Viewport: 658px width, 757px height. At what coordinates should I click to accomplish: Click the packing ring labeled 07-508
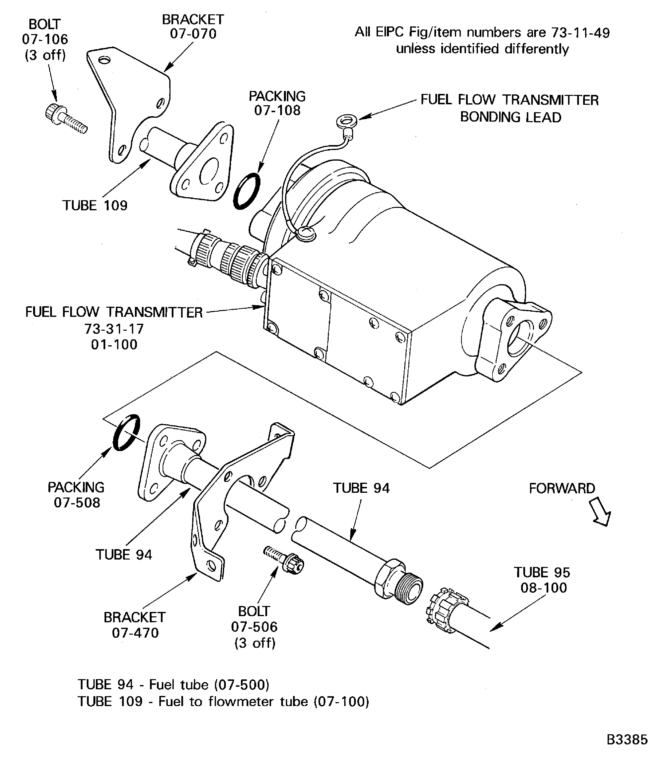(x=126, y=432)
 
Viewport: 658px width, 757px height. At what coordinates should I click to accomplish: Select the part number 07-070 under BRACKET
(x=193, y=34)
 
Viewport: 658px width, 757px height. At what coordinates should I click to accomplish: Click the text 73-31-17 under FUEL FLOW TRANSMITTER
(x=114, y=328)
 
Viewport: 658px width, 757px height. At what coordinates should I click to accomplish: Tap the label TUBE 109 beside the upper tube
(x=95, y=205)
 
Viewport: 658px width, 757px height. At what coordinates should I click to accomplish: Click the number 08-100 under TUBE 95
(x=543, y=588)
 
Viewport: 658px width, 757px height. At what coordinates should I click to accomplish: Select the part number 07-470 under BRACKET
(x=135, y=632)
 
